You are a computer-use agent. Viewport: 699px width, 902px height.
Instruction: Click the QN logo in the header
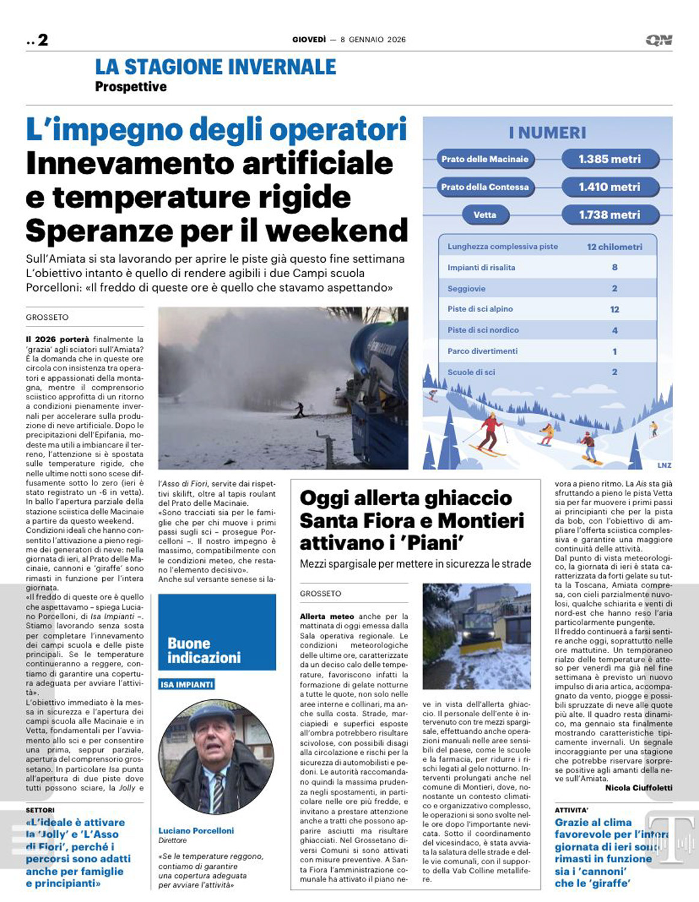point(659,40)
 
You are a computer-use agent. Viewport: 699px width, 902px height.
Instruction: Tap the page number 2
point(43,40)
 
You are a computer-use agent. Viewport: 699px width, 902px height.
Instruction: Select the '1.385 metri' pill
point(609,159)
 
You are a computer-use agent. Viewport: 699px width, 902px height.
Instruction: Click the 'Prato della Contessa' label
point(484,187)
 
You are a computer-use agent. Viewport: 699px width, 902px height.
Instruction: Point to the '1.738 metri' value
point(609,215)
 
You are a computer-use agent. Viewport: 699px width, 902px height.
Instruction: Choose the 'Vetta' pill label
point(484,215)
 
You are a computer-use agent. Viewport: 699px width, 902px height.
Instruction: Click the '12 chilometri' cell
point(614,247)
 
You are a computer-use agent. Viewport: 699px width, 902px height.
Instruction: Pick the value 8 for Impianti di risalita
point(614,268)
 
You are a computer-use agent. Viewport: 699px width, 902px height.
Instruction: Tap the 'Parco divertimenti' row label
point(482,351)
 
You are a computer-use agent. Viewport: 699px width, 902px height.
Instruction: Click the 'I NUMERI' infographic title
point(547,133)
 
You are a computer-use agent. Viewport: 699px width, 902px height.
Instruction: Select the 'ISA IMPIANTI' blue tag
point(187,684)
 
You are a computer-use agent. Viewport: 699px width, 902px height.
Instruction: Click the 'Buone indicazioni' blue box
point(216,633)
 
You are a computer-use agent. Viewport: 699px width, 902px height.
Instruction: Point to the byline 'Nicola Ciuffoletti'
point(638,788)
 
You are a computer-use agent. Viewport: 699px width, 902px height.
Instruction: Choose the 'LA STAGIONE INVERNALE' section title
point(215,67)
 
